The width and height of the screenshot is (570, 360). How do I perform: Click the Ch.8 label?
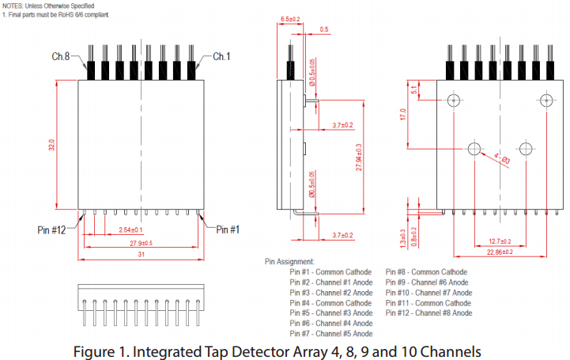61,57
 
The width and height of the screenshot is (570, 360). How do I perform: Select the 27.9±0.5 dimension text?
135,243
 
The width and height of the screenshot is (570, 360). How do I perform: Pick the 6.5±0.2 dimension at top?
290,17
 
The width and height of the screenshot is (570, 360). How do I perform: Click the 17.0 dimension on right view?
403,116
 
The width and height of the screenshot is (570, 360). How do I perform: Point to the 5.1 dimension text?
414,89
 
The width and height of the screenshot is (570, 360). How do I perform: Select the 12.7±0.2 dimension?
499,241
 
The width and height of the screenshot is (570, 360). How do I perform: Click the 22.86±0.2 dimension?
499,252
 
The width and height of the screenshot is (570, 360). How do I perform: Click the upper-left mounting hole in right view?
453,100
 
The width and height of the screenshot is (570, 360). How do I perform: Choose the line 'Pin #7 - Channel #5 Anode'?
331,333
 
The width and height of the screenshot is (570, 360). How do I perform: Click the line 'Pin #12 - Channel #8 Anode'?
429,313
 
